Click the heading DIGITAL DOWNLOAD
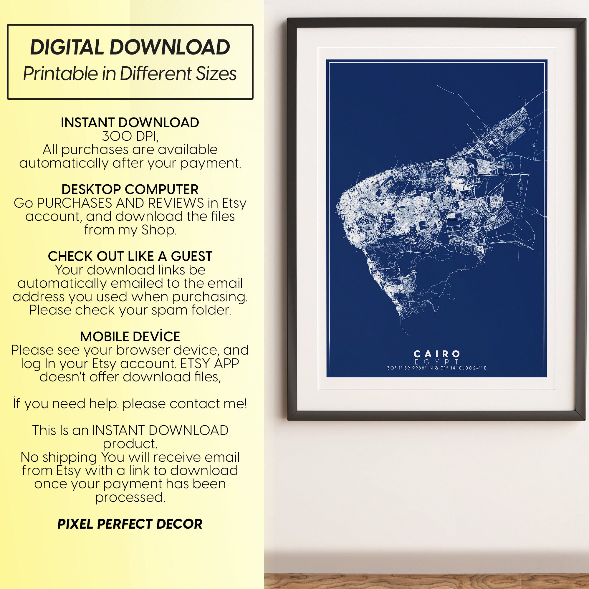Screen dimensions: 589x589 (x=130, y=47)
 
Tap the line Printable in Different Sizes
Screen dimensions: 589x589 (x=130, y=74)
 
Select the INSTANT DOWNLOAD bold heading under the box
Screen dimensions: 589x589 (x=130, y=123)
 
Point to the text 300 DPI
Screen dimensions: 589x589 (x=130, y=136)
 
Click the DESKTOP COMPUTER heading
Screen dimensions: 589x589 (x=130, y=189)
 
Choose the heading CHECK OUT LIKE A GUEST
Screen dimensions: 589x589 (x=130, y=256)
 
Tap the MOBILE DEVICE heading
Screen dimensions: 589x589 (x=130, y=337)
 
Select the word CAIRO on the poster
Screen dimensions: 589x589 (x=436, y=354)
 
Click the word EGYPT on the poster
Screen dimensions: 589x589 (x=436, y=362)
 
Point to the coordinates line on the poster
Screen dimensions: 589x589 (x=436, y=368)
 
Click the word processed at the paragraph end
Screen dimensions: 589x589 (x=130, y=497)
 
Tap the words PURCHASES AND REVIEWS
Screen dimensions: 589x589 (x=120, y=203)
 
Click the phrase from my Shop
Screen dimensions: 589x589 (x=130, y=230)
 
